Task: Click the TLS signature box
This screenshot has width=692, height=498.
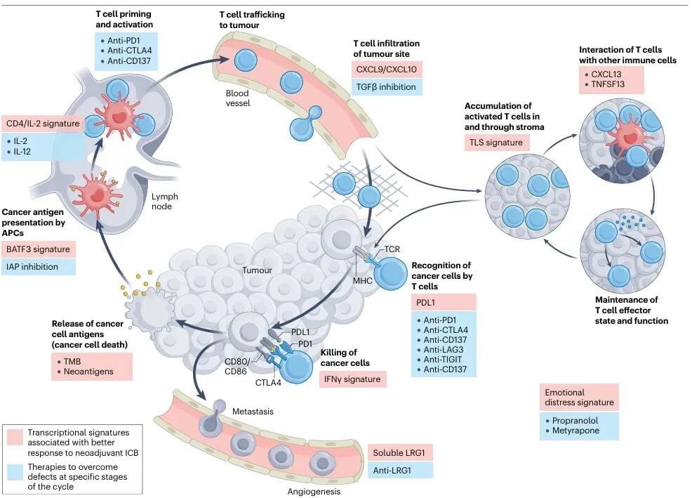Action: (497, 143)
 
